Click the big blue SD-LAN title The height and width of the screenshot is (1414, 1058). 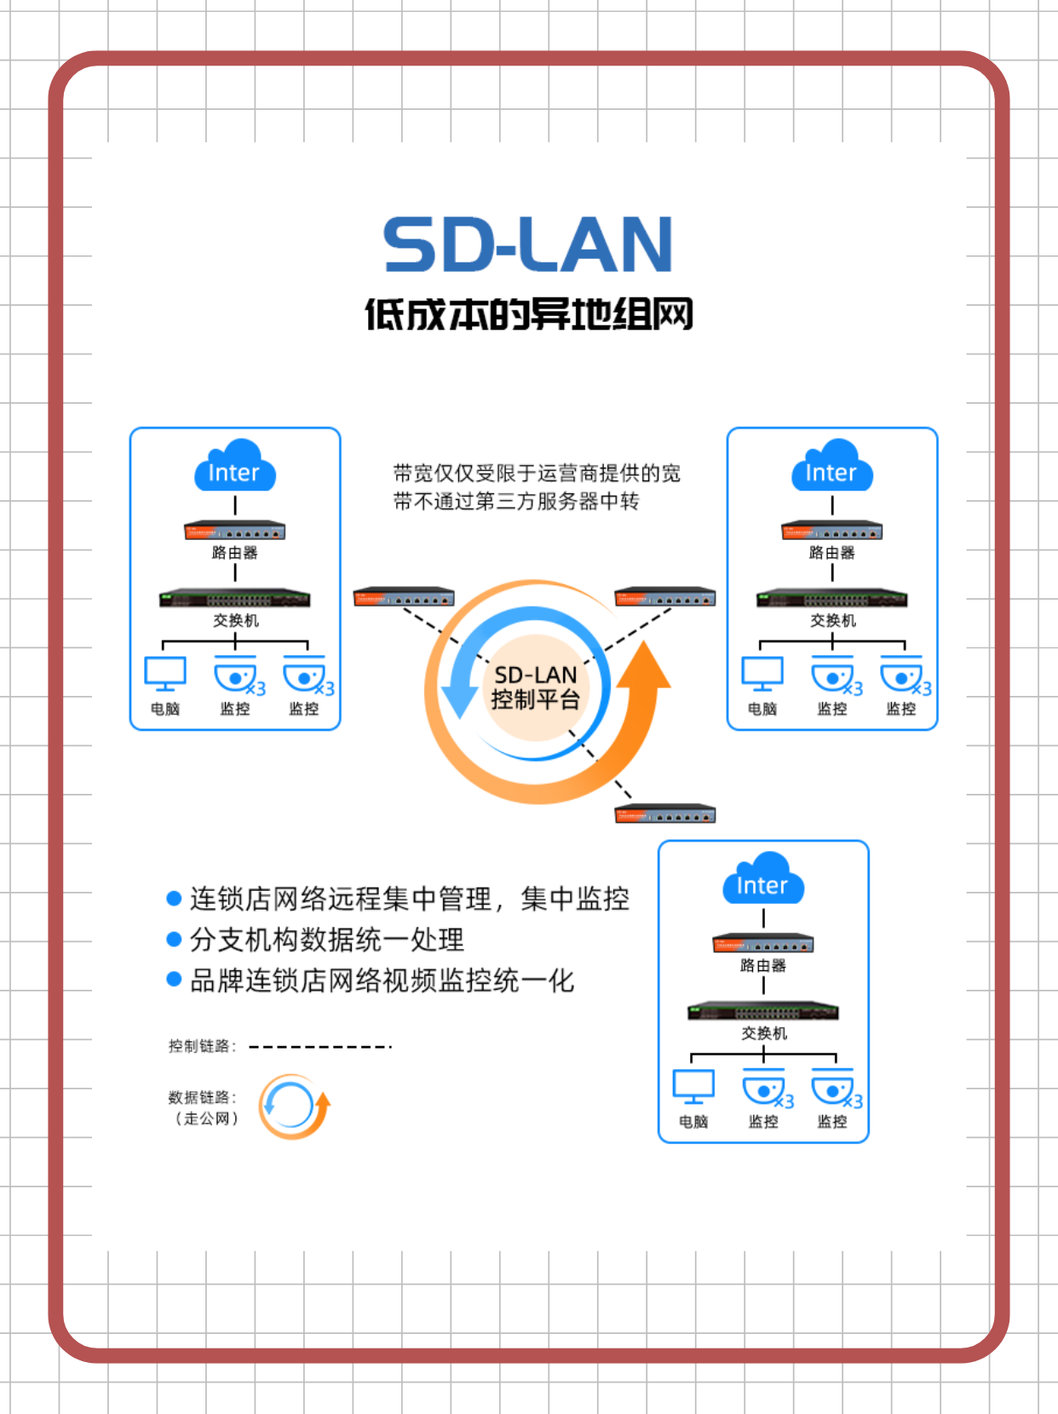528,244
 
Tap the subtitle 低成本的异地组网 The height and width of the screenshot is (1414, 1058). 529,314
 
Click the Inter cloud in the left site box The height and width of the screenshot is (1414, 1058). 235,467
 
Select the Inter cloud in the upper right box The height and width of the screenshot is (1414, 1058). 832,467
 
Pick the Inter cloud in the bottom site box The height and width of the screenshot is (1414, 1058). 763,880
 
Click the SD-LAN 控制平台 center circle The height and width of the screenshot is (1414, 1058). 535,687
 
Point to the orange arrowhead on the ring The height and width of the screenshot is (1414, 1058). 644,666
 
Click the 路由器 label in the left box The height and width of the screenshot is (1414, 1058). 235,553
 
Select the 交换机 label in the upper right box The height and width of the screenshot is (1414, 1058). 833,621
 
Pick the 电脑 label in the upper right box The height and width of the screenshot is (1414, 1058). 762,709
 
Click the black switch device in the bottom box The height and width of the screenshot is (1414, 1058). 763,1011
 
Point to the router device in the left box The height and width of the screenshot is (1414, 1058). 235,531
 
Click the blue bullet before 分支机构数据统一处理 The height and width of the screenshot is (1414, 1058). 174,940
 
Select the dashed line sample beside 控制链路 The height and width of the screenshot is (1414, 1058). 320,1047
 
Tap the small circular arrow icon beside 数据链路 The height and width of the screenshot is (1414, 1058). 294,1106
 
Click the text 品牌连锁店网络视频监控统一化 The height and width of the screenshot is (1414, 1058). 382,980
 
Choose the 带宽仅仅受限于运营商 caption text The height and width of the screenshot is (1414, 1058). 537,486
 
